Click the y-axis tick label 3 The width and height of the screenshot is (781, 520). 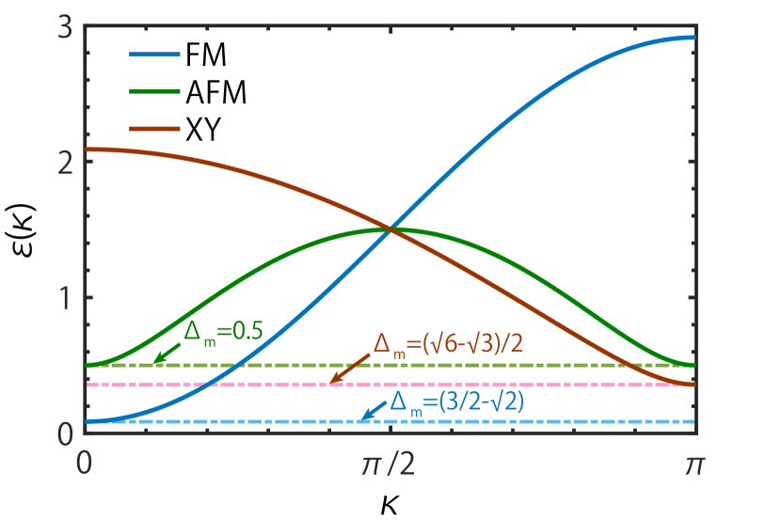64,28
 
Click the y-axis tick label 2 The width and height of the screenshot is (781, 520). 64,161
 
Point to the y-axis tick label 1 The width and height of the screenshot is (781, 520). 64,298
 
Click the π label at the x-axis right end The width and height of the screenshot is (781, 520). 694,464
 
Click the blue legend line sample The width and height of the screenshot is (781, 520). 154,55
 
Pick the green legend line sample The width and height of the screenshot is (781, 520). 154,91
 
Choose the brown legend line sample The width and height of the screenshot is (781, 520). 154,128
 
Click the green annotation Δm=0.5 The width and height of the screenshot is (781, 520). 223,331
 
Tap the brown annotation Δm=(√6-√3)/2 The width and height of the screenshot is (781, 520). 448,344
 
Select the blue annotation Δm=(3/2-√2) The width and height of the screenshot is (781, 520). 456,402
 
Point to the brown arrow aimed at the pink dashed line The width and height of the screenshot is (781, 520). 349,370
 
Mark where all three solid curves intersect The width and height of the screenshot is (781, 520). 389,228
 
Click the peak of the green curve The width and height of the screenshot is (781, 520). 389,228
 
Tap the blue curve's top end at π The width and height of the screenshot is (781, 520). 694,38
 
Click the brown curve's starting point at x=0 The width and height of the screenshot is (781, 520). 86,149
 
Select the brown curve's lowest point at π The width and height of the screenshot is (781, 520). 694,384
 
